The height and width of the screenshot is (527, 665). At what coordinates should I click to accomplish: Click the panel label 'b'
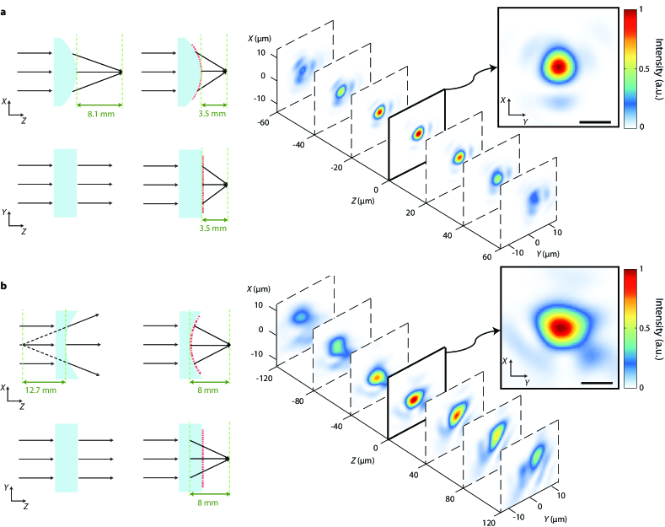tap(5, 288)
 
